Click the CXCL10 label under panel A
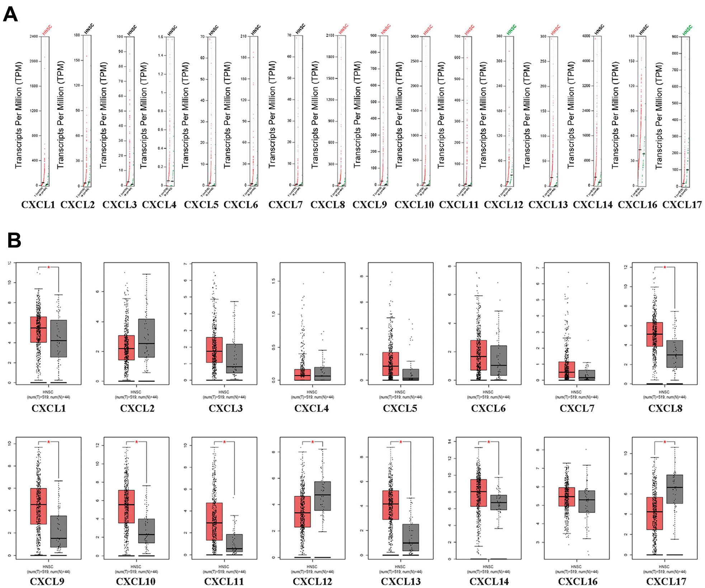414,205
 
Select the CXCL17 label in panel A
682,205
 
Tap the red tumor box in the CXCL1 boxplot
38,329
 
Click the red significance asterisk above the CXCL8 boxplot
664,267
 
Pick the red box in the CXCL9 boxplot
38,506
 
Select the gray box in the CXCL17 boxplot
675,489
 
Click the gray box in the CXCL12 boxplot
323,496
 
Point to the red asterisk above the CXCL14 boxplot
488,442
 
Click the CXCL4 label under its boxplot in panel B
311,408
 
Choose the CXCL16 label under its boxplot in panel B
577,582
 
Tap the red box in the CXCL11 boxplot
214,521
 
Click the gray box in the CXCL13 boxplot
411,537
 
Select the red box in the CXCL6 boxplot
479,355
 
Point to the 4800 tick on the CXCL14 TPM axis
586,36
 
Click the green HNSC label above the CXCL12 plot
511,29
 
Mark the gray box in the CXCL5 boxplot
411,374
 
